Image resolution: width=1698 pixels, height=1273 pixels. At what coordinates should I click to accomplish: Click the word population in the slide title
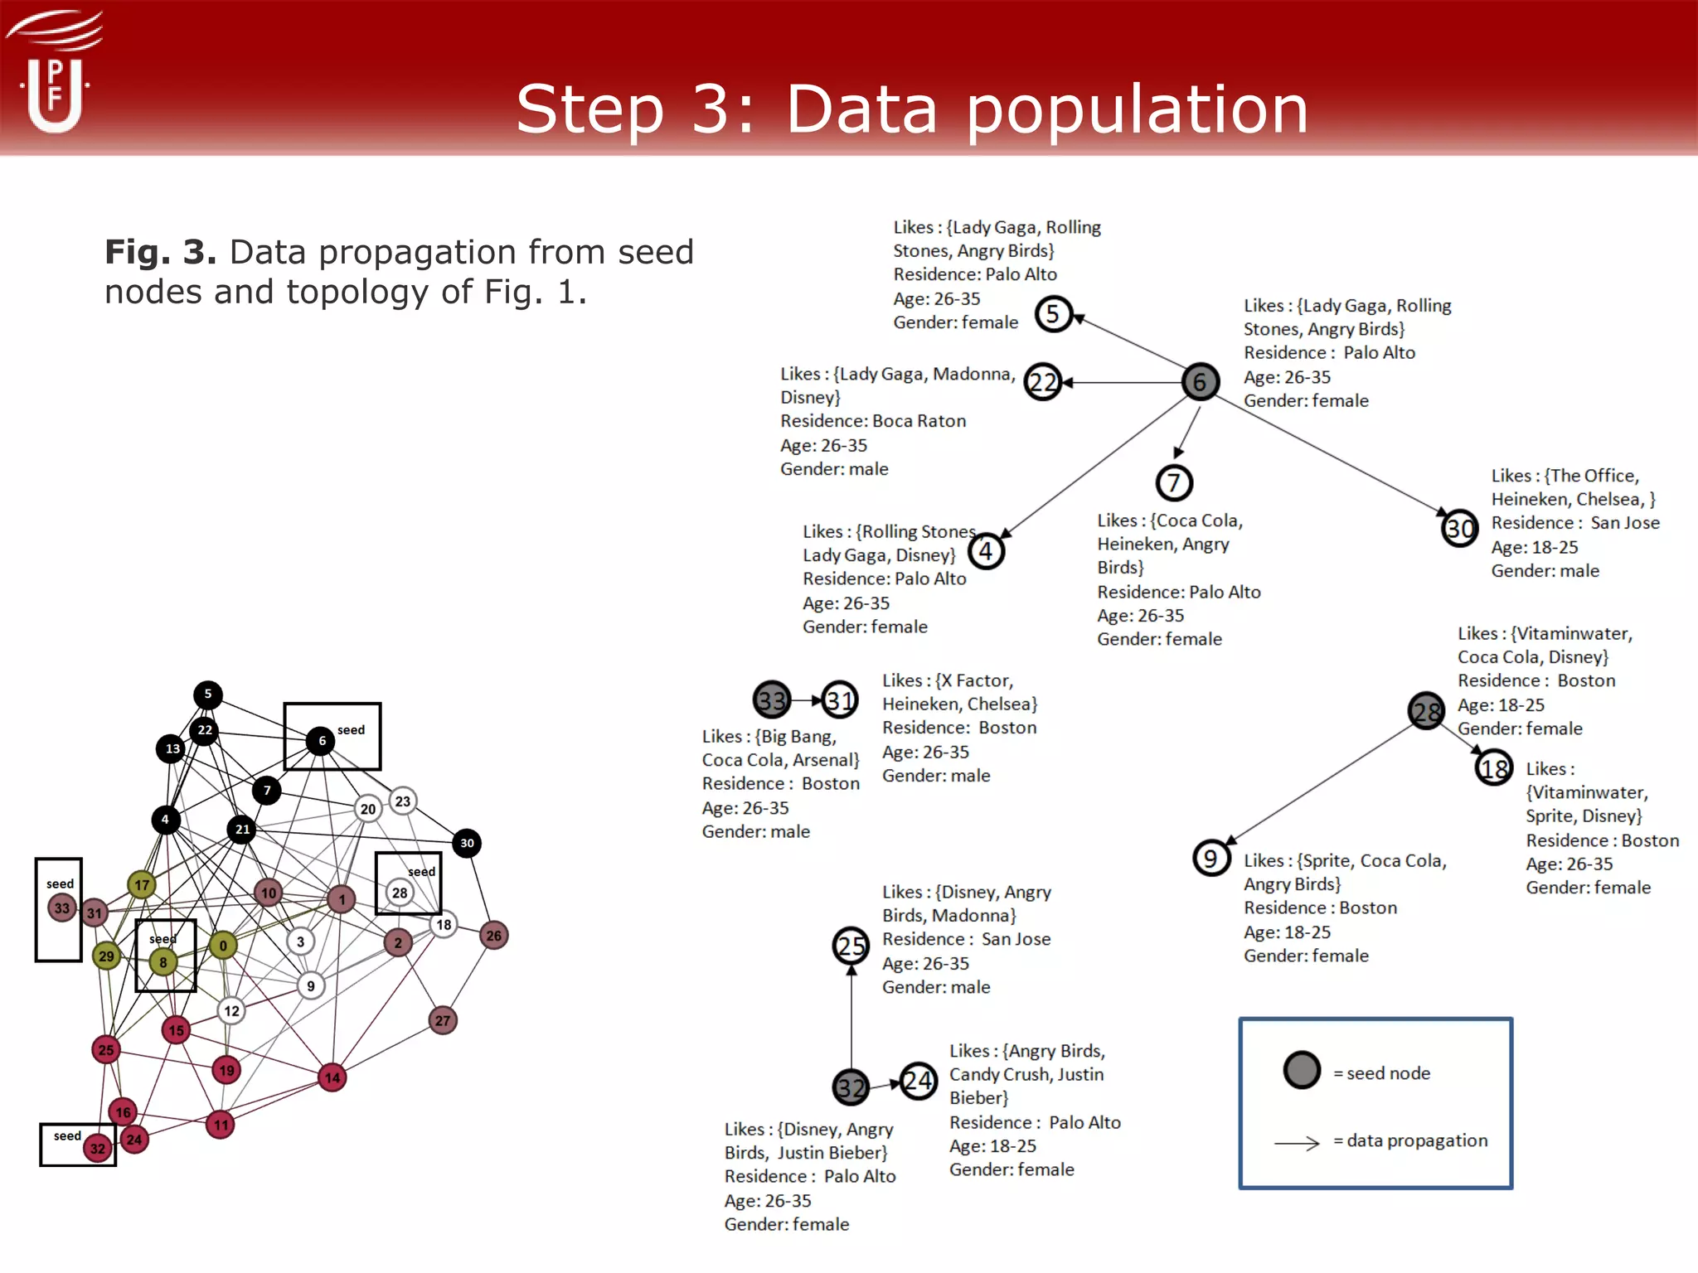pyautogui.click(x=1138, y=111)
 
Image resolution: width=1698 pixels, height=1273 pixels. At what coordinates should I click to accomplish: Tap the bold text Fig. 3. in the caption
pyautogui.click(x=160, y=252)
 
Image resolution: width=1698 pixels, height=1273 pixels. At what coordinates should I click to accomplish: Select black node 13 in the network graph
pyautogui.click(x=172, y=748)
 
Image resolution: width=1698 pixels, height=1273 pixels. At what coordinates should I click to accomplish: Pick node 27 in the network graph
pyautogui.click(x=443, y=1020)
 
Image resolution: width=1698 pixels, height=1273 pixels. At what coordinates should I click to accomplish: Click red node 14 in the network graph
pyautogui.click(x=332, y=1077)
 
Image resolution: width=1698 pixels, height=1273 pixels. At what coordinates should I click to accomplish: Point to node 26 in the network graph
pyautogui.click(x=494, y=936)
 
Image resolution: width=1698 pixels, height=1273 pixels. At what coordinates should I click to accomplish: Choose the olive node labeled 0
pyautogui.click(x=223, y=945)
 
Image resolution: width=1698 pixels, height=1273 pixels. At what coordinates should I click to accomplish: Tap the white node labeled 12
pyautogui.click(x=231, y=1010)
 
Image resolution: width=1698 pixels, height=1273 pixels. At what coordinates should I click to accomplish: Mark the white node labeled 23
pyautogui.click(x=402, y=801)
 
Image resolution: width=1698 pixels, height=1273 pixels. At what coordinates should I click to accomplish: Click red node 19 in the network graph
pyautogui.click(x=226, y=1070)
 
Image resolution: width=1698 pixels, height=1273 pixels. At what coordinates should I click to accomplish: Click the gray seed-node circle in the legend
pyautogui.click(x=1302, y=1070)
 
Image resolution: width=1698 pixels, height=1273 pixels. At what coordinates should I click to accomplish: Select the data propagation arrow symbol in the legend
pyautogui.click(x=1297, y=1144)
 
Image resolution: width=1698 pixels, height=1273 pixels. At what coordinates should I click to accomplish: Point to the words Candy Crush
pyautogui.click(x=1000, y=1075)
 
